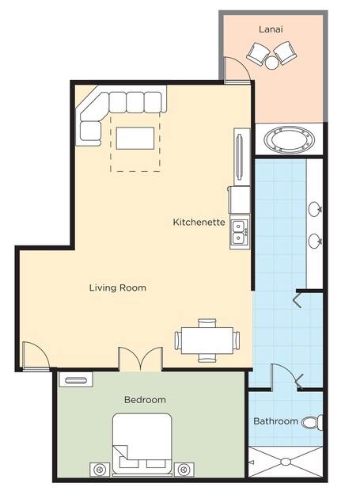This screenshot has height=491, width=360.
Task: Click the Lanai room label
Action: click(x=271, y=29)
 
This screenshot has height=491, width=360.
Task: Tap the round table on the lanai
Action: click(x=271, y=63)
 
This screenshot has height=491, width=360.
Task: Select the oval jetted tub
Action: click(x=290, y=139)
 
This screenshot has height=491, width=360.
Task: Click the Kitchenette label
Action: click(x=199, y=222)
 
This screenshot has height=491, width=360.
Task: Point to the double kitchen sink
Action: click(x=240, y=232)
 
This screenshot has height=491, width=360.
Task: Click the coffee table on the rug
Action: click(x=135, y=138)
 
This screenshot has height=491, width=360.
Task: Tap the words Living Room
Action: click(x=118, y=287)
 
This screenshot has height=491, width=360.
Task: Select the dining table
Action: click(x=207, y=341)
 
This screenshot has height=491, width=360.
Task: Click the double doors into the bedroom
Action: click(x=140, y=359)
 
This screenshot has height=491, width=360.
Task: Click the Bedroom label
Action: click(x=145, y=400)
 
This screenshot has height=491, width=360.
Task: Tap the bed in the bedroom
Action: click(x=142, y=443)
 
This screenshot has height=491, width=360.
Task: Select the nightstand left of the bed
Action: click(x=100, y=470)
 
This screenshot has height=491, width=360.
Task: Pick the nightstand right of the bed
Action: click(x=184, y=470)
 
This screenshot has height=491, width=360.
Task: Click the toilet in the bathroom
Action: click(x=313, y=422)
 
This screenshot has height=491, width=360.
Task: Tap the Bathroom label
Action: click(x=275, y=421)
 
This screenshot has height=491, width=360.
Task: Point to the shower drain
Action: click(x=286, y=462)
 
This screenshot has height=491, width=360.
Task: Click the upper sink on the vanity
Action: click(x=315, y=209)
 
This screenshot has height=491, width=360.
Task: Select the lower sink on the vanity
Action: click(x=315, y=242)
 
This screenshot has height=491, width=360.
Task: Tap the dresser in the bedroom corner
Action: click(x=76, y=379)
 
